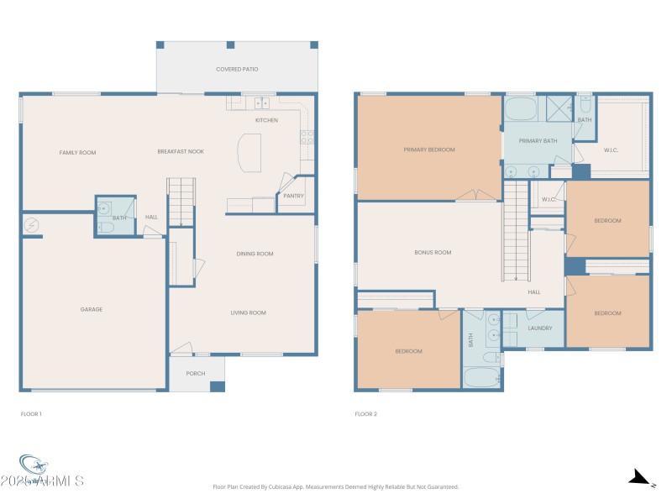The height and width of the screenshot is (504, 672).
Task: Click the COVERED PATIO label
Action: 236,69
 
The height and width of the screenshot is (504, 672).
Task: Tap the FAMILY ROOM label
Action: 77,152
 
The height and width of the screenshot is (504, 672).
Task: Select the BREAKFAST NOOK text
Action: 181,151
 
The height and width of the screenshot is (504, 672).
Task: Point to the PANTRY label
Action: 293,197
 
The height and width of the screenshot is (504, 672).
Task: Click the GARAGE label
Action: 92,309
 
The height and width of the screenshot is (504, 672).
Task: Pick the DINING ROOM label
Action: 254,254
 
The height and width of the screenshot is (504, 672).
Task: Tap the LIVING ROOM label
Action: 248,312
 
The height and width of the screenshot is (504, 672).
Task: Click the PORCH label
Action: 196,373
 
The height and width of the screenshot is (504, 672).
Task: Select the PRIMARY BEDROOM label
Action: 428,150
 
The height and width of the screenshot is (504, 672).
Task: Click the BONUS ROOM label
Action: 433,252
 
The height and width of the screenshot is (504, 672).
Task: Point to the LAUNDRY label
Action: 538,328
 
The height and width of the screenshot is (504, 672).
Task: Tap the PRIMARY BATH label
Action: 538,141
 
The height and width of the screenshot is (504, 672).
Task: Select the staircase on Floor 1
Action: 181,201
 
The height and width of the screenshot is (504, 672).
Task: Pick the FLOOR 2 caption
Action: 366,414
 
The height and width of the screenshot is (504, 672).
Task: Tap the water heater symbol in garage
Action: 32,224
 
